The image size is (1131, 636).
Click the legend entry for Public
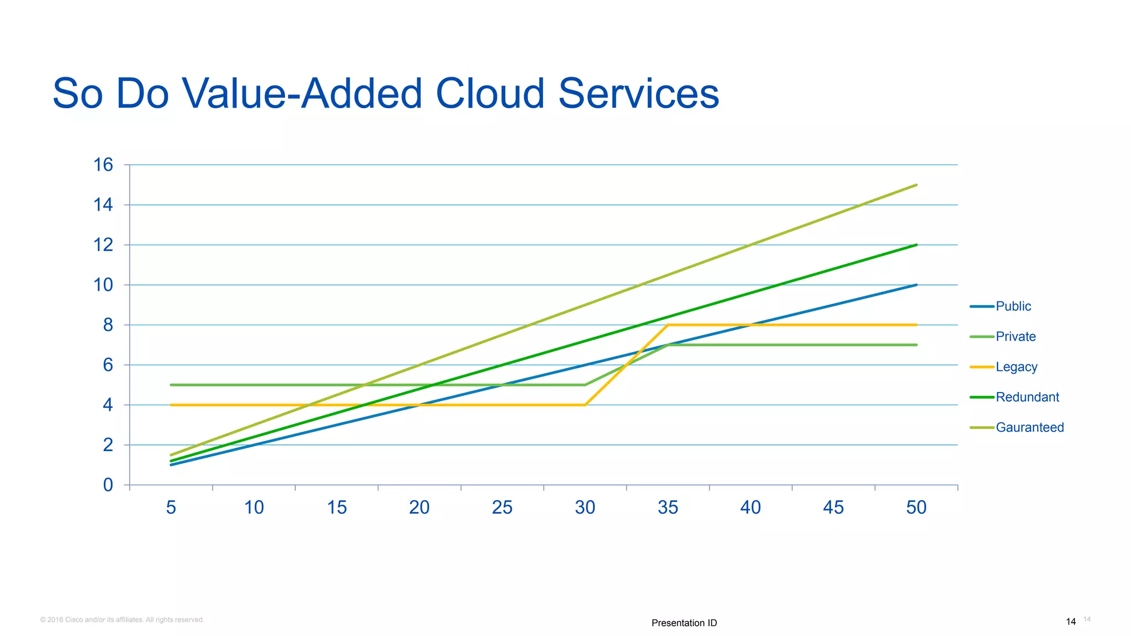pyautogui.click(x=1013, y=306)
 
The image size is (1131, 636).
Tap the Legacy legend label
pyautogui.click(x=1016, y=367)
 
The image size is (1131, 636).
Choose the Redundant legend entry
pyautogui.click(x=1027, y=397)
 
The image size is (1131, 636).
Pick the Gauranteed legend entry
pyautogui.click(x=1029, y=428)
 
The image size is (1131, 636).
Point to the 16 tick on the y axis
pyautogui.click(x=103, y=165)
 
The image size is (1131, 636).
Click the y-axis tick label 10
pyautogui.click(x=103, y=285)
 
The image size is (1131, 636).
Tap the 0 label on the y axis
pyautogui.click(x=108, y=485)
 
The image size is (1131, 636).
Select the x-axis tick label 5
pyautogui.click(x=171, y=507)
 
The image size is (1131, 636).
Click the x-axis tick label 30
pyautogui.click(x=585, y=507)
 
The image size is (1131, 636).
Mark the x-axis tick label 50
pyautogui.click(x=916, y=507)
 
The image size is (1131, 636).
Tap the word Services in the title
pyautogui.click(x=638, y=94)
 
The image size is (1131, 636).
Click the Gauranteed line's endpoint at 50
pyautogui.click(x=916, y=185)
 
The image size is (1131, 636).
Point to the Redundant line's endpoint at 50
pyautogui.click(x=916, y=245)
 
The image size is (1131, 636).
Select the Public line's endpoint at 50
pyautogui.click(x=916, y=285)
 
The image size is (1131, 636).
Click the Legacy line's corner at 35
pyautogui.click(x=668, y=325)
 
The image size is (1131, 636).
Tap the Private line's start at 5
pyautogui.click(x=172, y=385)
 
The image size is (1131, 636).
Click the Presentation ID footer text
pyautogui.click(x=684, y=623)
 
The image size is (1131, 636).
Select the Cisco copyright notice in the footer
pyautogui.click(x=122, y=620)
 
